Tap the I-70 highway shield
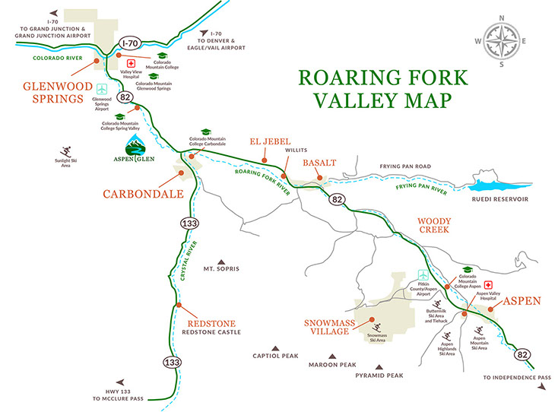[131, 45]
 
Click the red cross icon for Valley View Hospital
[130, 63]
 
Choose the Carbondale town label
[144, 194]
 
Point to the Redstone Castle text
[213, 331]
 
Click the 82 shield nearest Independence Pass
[522, 354]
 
